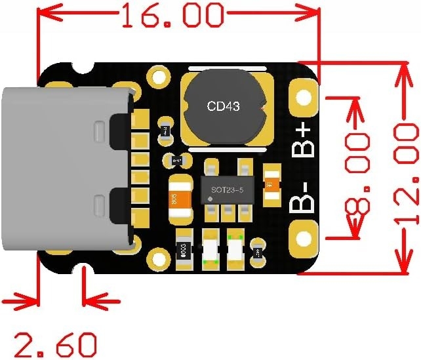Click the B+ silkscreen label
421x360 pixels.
click(x=304, y=138)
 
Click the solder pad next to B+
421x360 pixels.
click(x=304, y=98)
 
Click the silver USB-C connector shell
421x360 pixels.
click(x=62, y=169)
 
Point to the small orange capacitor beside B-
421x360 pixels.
click(x=270, y=182)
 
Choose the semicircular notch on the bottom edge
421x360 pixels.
click(x=83, y=271)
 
